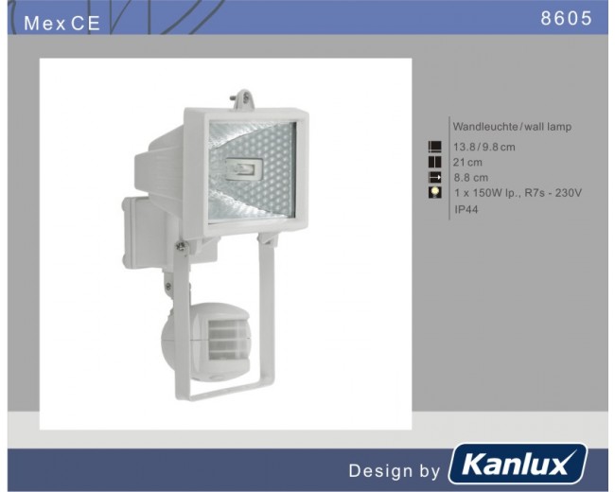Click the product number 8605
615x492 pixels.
[x=566, y=18]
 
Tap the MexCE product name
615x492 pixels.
[x=61, y=23]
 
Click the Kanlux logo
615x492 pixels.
[x=518, y=465]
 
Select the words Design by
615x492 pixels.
[x=395, y=471]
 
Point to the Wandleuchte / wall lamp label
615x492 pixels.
[x=512, y=127]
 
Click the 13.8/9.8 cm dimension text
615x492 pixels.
[x=484, y=148]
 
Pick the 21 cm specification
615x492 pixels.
[x=467, y=162]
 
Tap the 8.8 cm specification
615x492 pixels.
[x=471, y=178]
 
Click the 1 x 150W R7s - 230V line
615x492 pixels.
[x=518, y=193]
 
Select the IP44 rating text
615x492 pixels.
[x=466, y=209]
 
